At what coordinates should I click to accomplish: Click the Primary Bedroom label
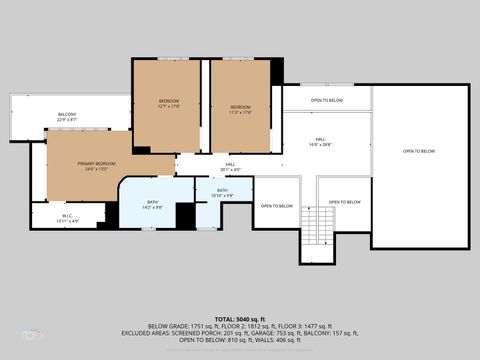[97, 163]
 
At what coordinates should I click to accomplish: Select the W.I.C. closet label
[67, 215]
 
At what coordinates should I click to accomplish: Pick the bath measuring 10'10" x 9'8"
[222, 196]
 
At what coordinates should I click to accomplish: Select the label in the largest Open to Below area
[419, 151]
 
